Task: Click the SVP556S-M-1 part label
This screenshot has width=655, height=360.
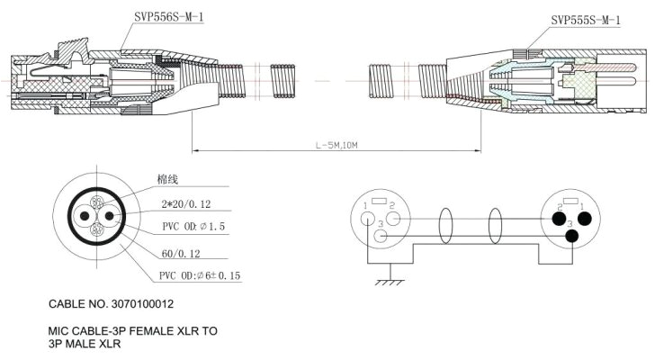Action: point(166,15)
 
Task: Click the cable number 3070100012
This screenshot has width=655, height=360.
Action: point(123,306)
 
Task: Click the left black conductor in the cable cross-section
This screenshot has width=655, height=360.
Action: point(83,216)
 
